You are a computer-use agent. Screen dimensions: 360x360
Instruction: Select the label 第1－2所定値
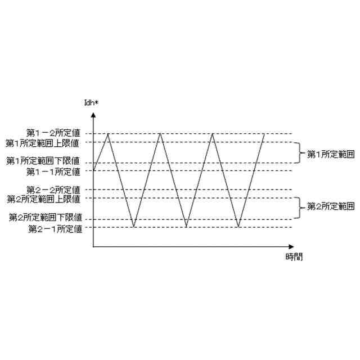tap(54, 133)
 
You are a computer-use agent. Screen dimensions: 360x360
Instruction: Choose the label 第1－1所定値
tap(54, 170)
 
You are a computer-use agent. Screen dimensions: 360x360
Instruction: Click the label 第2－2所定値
tap(54, 190)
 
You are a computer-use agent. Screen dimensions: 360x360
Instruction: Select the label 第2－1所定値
tap(54, 228)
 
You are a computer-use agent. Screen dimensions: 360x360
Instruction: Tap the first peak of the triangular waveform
tap(108, 134)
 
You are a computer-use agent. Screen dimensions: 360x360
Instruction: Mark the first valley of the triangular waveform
tap(134, 227)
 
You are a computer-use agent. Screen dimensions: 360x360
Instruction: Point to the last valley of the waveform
tap(238, 227)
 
